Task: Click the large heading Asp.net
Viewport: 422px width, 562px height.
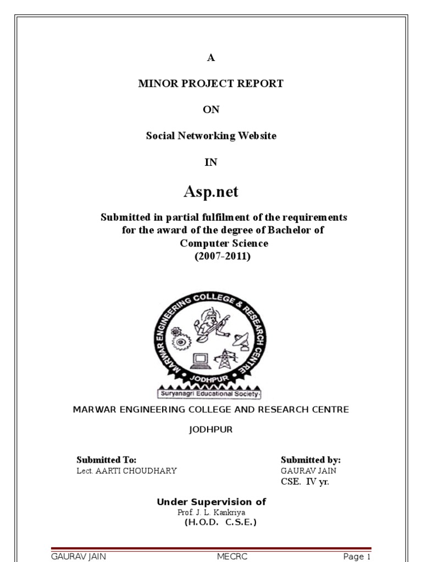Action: pos(211,192)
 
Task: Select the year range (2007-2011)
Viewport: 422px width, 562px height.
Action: pos(222,256)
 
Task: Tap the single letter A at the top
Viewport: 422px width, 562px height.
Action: pos(211,58)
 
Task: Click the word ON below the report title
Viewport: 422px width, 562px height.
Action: pos(211,110)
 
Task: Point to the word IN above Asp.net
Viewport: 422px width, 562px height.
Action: pos(211,162)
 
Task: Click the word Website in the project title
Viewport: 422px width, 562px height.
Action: pos(256,136)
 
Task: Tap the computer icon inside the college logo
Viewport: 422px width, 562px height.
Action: pos(200,359)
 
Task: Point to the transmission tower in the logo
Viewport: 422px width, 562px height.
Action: pos(224,359)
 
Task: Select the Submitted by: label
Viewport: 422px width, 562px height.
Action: pos(310,460)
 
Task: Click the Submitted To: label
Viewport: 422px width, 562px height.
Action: pos(106,460)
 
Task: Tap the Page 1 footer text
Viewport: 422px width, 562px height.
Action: pos(357,557)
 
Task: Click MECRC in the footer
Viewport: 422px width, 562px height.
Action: pos(232,557)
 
